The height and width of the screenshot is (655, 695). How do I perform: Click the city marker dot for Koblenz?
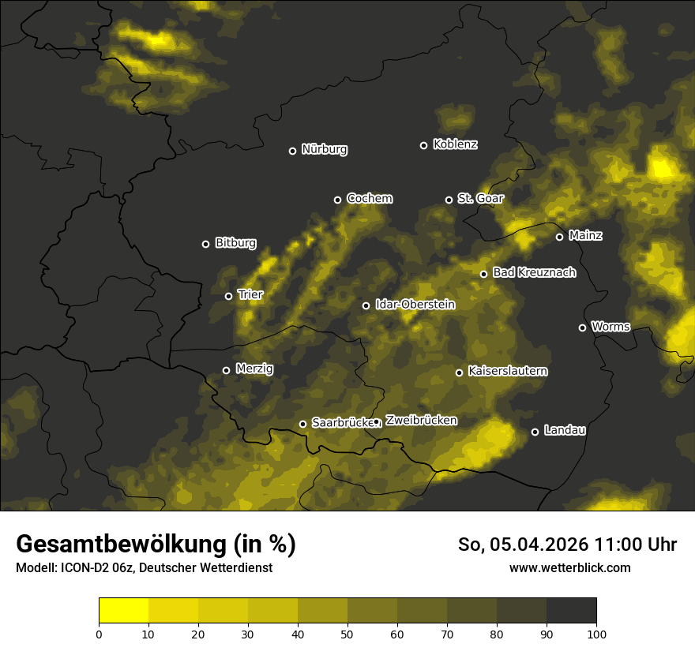(x=423, y=145)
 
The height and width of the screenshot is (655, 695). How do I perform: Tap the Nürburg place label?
(x=324, y=149)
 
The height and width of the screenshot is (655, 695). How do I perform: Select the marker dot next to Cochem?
(x=337, y=200)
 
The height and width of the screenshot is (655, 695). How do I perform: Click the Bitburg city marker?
(x=205, y=244)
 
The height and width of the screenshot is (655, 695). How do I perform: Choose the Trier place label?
(x=250, y=294)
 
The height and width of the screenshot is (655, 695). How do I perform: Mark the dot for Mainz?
(x=559, y=237)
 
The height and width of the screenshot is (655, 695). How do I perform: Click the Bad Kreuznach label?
(x=534, y=272)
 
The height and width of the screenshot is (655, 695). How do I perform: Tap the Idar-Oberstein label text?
(x=415, y=304)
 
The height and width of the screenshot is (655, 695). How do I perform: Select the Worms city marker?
(x=582, y=327)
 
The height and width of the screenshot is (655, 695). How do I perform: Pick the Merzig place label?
(x=253, y=369)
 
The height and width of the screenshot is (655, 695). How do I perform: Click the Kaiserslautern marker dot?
(x=459, y=372)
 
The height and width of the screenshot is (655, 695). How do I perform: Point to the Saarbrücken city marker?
(x=302, y=424)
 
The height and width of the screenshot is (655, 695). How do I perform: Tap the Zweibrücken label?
(x=421, y=420)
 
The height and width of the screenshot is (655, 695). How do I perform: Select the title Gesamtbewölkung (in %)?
(x=156, y=544)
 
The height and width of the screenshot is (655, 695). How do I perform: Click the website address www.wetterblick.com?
(x=569, y=567)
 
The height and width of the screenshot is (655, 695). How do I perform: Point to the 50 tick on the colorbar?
(x=347, y=633)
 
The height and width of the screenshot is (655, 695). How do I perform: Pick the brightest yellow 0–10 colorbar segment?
(x=123, y=611)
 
